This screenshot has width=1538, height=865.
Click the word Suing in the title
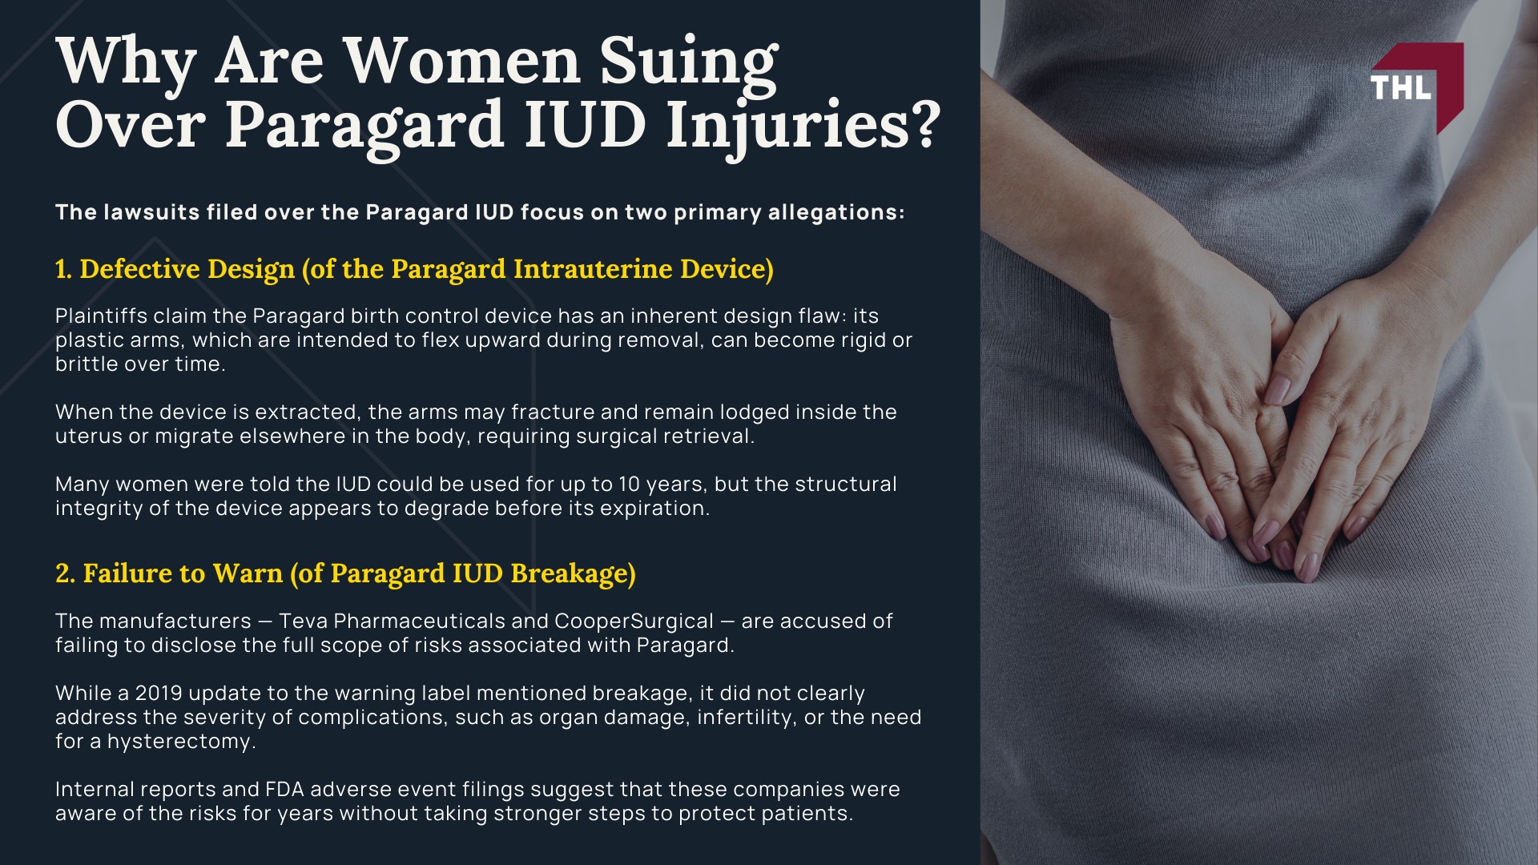688,62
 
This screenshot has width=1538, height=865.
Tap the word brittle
84,364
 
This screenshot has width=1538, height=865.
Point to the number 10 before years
629,485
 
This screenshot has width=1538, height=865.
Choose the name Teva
303,622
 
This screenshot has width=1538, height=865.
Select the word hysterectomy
181,742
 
